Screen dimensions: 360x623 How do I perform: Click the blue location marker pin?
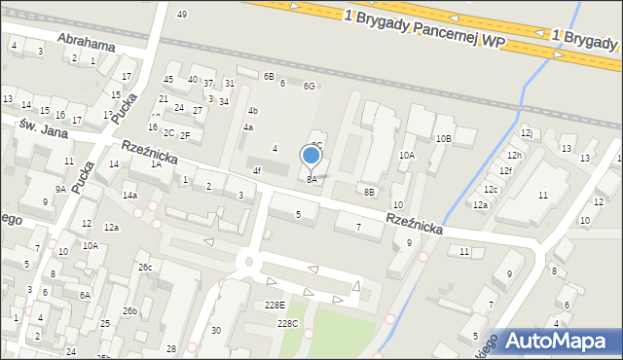[311, 156]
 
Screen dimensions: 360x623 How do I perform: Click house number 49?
[182, 15]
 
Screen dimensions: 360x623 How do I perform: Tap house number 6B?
[270, 76]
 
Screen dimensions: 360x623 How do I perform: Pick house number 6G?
[309, 87]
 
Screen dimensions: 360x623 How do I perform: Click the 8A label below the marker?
[311, 180]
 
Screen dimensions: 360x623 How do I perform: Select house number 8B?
[369, 192]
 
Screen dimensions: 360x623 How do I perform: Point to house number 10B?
[443, 139]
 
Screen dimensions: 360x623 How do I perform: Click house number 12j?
[526, 132]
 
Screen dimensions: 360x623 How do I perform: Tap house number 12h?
[514, 156]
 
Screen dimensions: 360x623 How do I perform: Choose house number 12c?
[491, 190]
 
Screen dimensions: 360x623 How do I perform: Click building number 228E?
[275, 306]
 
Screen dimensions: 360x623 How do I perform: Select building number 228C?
[287, 323]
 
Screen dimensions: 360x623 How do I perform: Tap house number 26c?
[145, 267]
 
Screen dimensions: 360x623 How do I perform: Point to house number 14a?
[129, 195]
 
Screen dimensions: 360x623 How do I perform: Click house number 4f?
[257, 171]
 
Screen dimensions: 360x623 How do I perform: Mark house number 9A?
[60, 190]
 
